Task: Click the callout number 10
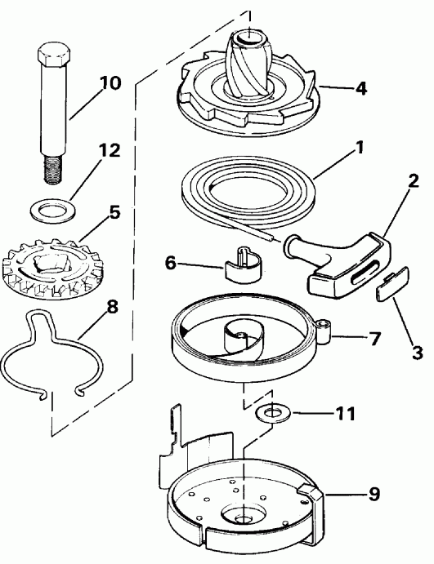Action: pyautogui.click(x=110, y=84)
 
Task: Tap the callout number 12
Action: pyautogui.click(x=110, y=151)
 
